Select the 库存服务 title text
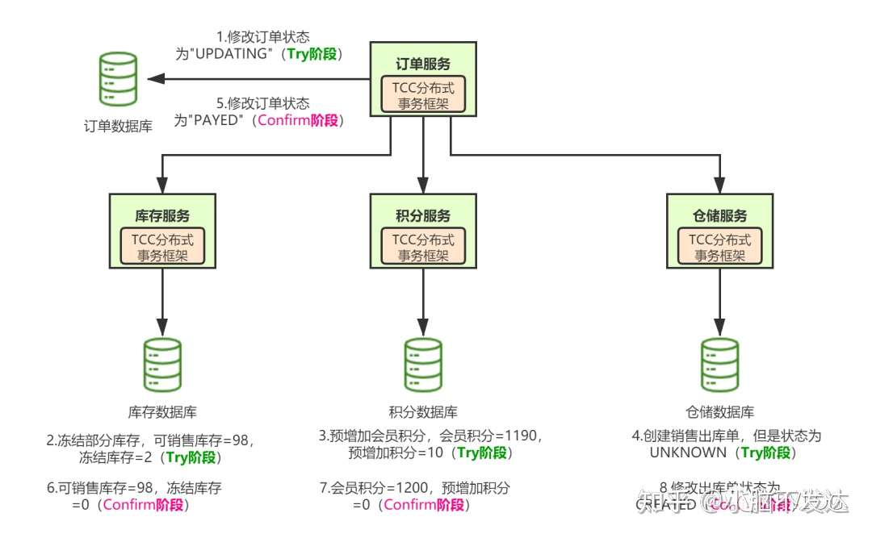[x=162, y=216]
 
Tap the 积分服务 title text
[x=423, y=216]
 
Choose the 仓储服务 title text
[x=720, y=216]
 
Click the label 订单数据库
[x=117, y=126]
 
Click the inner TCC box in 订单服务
[x=423, y=96]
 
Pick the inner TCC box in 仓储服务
[x=720, y=248]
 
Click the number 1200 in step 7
[x=402, y=487]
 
